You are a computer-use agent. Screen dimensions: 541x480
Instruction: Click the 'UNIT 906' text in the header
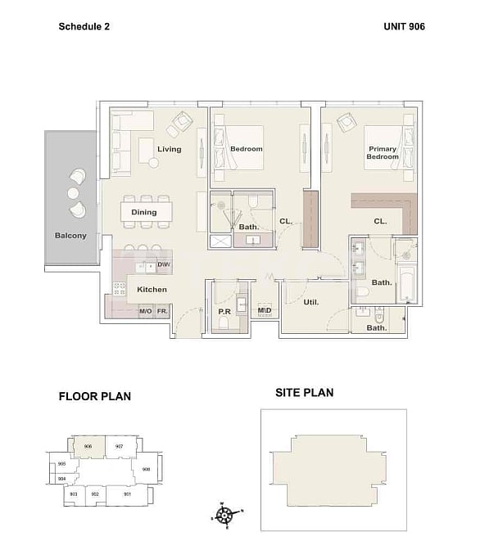click(404, 26)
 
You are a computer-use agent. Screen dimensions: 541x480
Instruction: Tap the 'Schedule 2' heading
click(84, 26)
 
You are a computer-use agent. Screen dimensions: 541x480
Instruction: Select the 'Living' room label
click(170, 150)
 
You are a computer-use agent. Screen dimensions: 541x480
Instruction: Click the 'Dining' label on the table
click(144, 213)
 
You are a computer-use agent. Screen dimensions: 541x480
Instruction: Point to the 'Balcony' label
click(70, 236)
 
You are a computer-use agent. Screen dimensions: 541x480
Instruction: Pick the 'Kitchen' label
click(152, 290)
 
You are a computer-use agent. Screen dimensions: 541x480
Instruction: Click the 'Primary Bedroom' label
click(382, 153)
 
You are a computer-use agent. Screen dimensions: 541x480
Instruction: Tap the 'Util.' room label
click(311, 302)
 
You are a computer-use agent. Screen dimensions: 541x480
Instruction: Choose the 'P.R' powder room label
click(224, 311)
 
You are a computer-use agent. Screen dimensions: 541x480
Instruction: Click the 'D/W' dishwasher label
click(164, 265)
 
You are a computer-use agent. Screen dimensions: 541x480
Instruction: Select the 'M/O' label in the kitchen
click(145, 312)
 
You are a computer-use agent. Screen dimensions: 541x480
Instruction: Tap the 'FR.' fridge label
click(163, 312)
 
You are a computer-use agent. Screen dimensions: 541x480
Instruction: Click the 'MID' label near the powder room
click(265, 311)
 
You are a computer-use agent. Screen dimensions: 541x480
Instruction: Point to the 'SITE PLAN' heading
click(304, 393)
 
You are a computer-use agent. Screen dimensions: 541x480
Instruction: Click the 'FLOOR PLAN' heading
click(95, 397)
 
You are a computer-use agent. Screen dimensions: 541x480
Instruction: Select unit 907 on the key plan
click(120, 447)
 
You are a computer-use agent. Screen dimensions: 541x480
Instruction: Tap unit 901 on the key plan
click(127, 494)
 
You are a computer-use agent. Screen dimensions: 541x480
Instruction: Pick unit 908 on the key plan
click(146, 470)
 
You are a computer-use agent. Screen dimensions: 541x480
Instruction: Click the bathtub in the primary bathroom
click(407, 282)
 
